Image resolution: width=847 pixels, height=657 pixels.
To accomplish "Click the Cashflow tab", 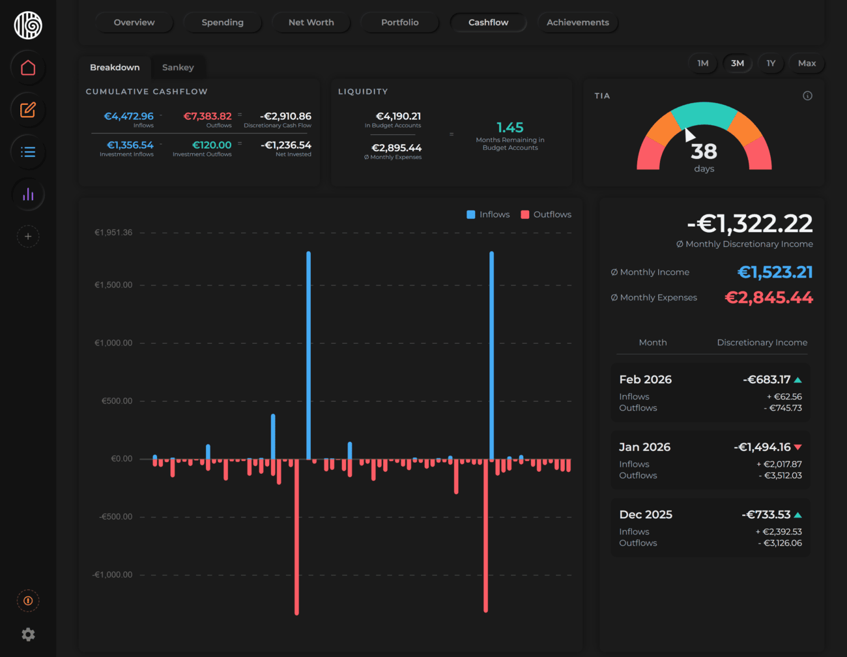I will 488,22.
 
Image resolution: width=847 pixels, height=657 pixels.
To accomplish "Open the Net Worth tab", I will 311,22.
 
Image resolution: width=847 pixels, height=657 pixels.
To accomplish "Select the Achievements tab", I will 577,22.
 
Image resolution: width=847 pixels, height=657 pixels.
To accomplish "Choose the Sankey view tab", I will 178,67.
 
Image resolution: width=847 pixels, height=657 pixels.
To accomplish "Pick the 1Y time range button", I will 771,63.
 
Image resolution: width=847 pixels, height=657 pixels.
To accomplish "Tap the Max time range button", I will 807,63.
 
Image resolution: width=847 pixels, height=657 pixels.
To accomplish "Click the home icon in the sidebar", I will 28,68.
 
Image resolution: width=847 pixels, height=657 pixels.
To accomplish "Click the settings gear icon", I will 28,634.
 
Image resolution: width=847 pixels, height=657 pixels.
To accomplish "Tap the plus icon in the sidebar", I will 28,237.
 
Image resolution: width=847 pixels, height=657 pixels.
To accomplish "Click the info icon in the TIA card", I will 807,96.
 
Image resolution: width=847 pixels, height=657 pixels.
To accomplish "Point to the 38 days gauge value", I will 704,152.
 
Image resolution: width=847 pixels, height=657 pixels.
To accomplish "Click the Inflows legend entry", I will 488,214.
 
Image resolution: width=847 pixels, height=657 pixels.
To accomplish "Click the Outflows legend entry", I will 546,214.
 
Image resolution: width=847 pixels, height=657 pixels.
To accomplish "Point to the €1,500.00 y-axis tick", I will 113,285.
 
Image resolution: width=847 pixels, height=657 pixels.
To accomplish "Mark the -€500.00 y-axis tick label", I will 115,517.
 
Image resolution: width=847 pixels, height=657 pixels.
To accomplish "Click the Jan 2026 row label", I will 644,447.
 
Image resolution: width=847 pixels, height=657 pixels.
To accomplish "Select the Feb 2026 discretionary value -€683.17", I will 766,379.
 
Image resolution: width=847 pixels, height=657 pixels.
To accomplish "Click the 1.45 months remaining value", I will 510,128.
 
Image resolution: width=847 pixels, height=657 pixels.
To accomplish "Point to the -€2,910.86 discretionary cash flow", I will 285,116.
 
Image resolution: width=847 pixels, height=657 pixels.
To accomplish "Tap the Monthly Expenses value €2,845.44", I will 769,298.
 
